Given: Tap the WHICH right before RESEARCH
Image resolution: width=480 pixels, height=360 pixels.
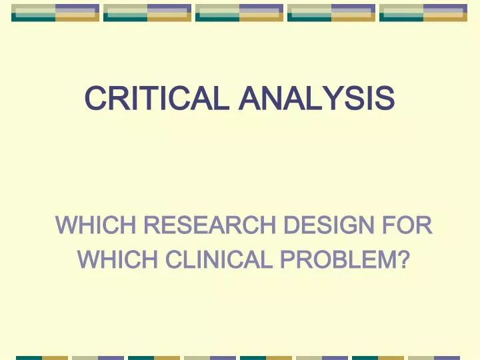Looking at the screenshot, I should click(96, 226).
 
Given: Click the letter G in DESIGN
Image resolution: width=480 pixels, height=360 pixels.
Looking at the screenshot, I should click(345, 226).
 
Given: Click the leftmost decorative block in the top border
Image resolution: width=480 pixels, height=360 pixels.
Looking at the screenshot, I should click(55, 12).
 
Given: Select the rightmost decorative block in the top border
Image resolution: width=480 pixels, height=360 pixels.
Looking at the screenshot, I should click(423, 12).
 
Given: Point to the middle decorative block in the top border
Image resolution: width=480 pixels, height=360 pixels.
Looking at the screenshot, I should click(239, 12).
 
